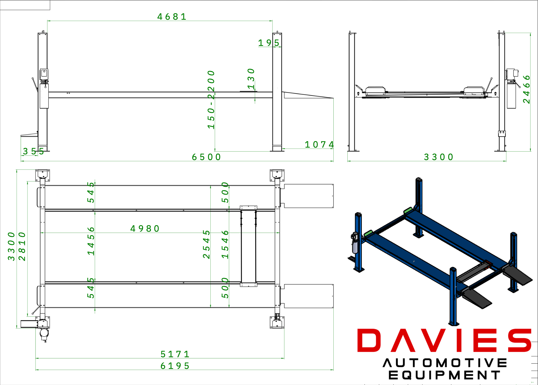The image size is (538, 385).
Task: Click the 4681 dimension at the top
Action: click(172, 17)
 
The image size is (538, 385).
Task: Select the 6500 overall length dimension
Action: click(206, 157)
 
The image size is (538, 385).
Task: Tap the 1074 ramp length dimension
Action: click(319, 145)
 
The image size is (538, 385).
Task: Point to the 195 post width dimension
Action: click(269, 43)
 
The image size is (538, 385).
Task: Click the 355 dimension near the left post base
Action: click(33, 151)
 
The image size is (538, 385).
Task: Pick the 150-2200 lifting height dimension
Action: click(211, 100)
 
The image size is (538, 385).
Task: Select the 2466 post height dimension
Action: click(526, 89)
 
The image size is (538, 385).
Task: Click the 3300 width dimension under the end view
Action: click(438, 157)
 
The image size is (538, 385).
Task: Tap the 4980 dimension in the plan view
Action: click(145, 229)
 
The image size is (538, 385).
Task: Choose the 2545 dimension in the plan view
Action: click(206, 244)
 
